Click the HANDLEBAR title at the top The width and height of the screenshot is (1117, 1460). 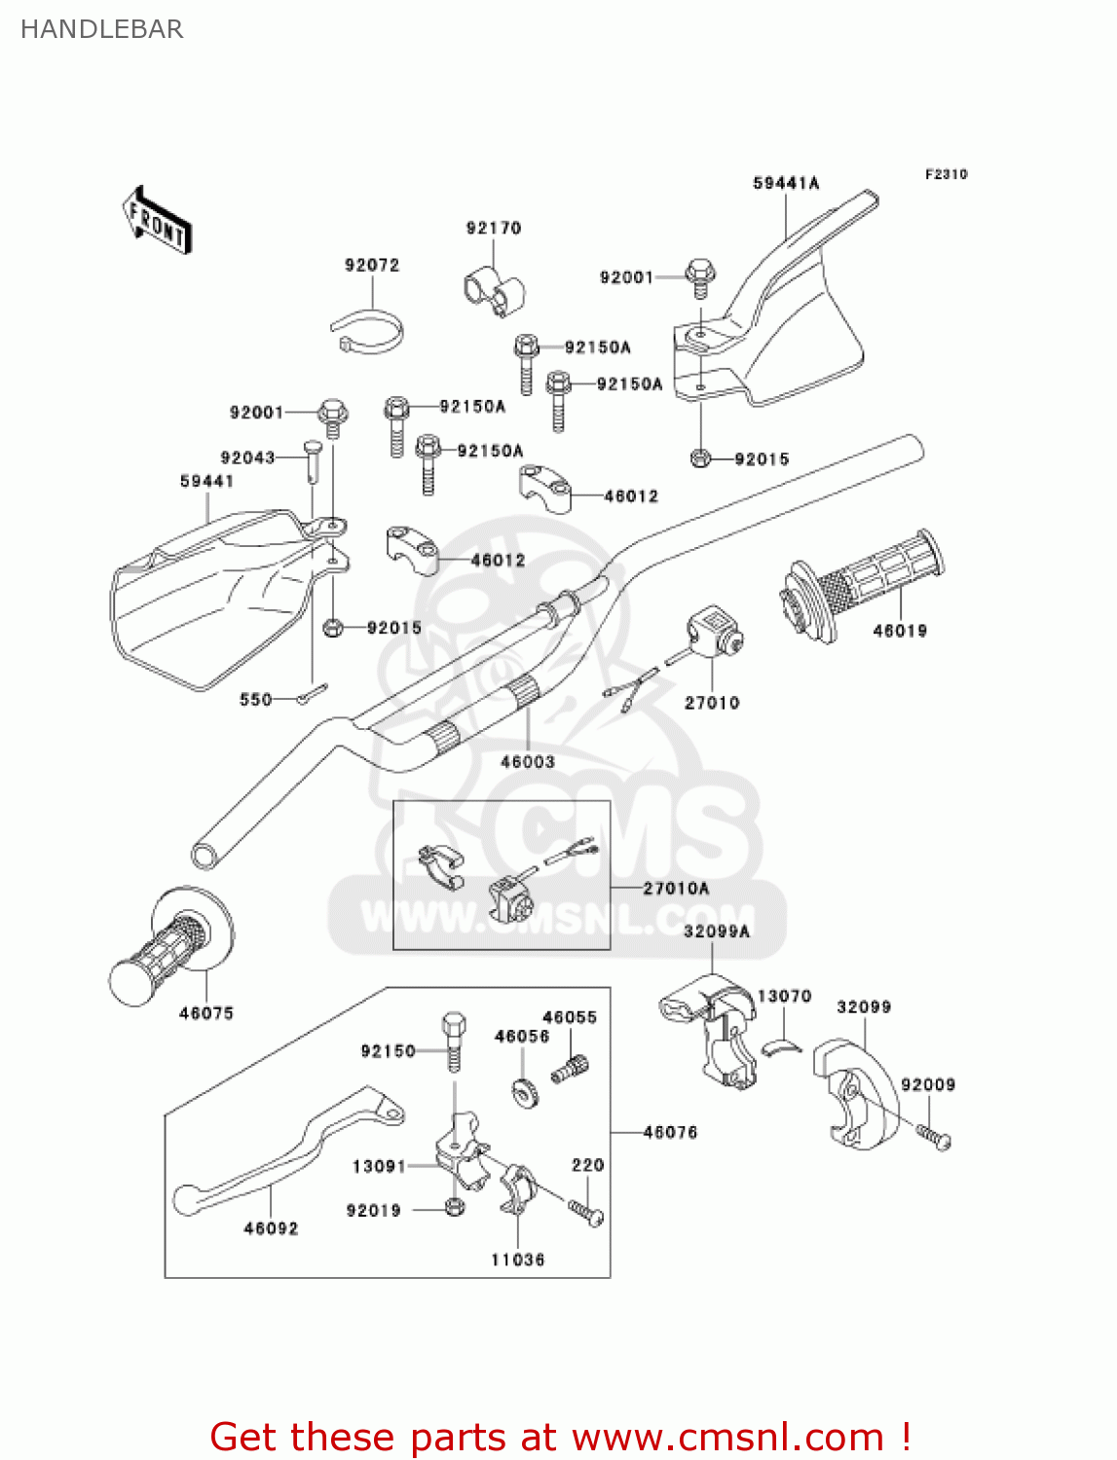point(101,29)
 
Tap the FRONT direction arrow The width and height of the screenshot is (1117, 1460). point(157,221)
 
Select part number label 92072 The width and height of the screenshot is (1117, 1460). point(371,265)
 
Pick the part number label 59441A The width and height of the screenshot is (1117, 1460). point(786,183)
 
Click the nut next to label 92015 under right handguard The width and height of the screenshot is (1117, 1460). point(699,457)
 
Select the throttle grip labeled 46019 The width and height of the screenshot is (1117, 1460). point(863,586)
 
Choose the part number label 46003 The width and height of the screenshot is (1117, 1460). point(527,762)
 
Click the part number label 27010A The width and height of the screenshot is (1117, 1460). point(676,888)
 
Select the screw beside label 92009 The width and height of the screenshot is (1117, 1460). point(933,1136)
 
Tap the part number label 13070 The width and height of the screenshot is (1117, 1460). point(784,996)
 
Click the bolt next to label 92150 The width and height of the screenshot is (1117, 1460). point(454,1041)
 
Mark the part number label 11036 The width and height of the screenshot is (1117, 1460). point(517,1259)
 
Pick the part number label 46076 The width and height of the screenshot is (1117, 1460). point(670,1132)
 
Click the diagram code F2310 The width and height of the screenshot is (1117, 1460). point(946,174)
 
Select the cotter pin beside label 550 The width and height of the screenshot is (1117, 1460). point(313,694)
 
